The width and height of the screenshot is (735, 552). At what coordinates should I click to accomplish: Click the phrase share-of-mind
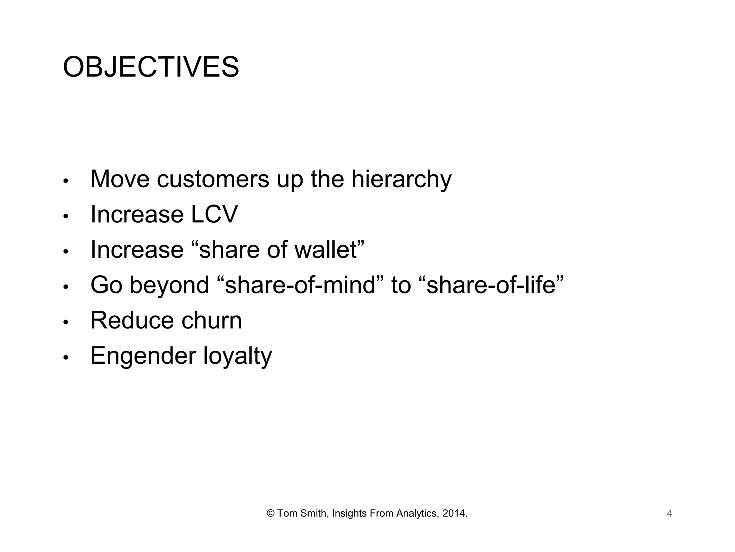coord(300,285)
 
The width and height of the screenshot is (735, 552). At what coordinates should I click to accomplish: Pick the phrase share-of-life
coord(491,285)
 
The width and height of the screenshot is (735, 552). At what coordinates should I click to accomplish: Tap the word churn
coord(211,320)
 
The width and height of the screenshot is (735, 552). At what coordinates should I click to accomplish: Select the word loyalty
coord(238,356)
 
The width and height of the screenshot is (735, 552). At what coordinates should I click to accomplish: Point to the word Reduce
coord(132,320)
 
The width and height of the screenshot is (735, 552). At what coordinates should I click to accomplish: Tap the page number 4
coord(669,513)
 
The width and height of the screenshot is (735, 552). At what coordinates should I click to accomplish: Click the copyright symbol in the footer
coord(271,514)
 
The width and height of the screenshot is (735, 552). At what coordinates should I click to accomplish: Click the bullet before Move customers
coord(65,181)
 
